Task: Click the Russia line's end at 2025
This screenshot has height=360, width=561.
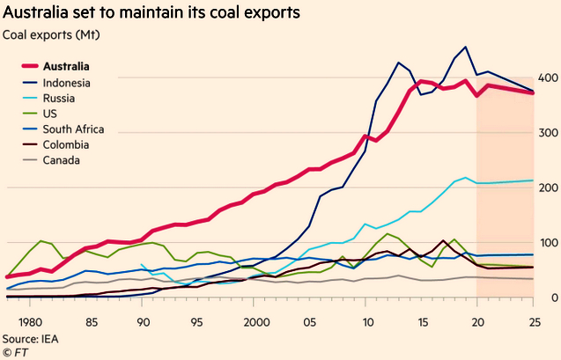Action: point(532,180)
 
